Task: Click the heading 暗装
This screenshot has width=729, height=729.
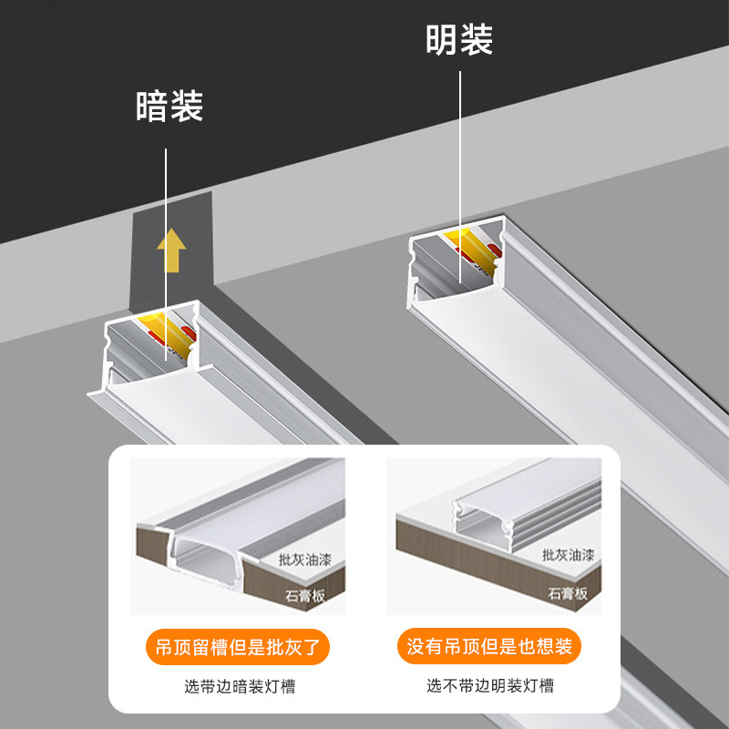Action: tap(169, 107)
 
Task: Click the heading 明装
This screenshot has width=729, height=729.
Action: tap(459, 40)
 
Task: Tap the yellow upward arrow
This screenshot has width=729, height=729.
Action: tap(170, 252)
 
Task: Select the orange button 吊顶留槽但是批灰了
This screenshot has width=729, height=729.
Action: tap(237, 648)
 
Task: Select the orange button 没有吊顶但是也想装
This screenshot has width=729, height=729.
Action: tap(489, 648)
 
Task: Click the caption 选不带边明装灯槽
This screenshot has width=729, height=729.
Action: tap(489, 686)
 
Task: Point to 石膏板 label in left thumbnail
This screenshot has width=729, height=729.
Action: tap(305, 597)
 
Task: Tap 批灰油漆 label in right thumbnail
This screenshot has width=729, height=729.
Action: tap(568, 553)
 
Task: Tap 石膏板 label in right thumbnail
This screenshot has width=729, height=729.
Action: tap(568, 593)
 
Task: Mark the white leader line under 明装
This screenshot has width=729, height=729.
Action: tap(459, 164)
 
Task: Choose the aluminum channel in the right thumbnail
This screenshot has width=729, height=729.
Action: tap(497, 519)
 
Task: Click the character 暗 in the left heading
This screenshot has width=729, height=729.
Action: tap(152, 107)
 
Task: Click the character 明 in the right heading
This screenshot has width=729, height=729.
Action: tap(442, 40)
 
